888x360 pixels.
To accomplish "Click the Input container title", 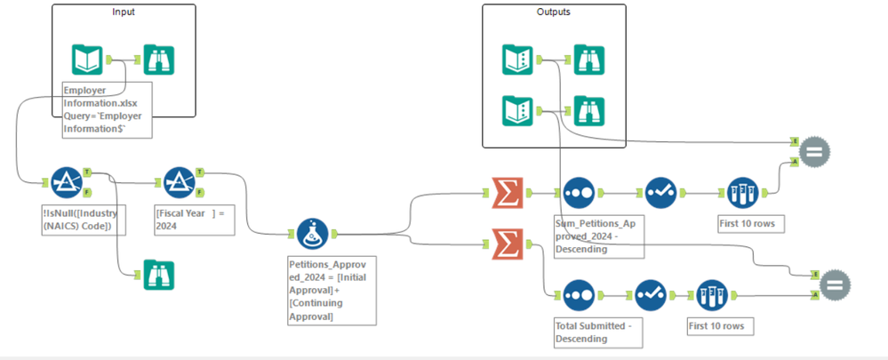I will pyautogui.click(x=124, y=12).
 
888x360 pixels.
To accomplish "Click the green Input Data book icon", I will pyautogui.click(x=88, y=60).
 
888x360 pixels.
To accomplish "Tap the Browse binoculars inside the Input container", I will pyautogui.click(x=159, y=60).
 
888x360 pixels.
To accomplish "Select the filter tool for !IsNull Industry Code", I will pyautogui.click(x=67, y=181).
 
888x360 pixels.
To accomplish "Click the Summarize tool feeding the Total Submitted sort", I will pyautogui.click(x=508, y=242).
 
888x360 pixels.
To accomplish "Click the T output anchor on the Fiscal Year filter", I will pyautogui.click(x=200, y=172).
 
